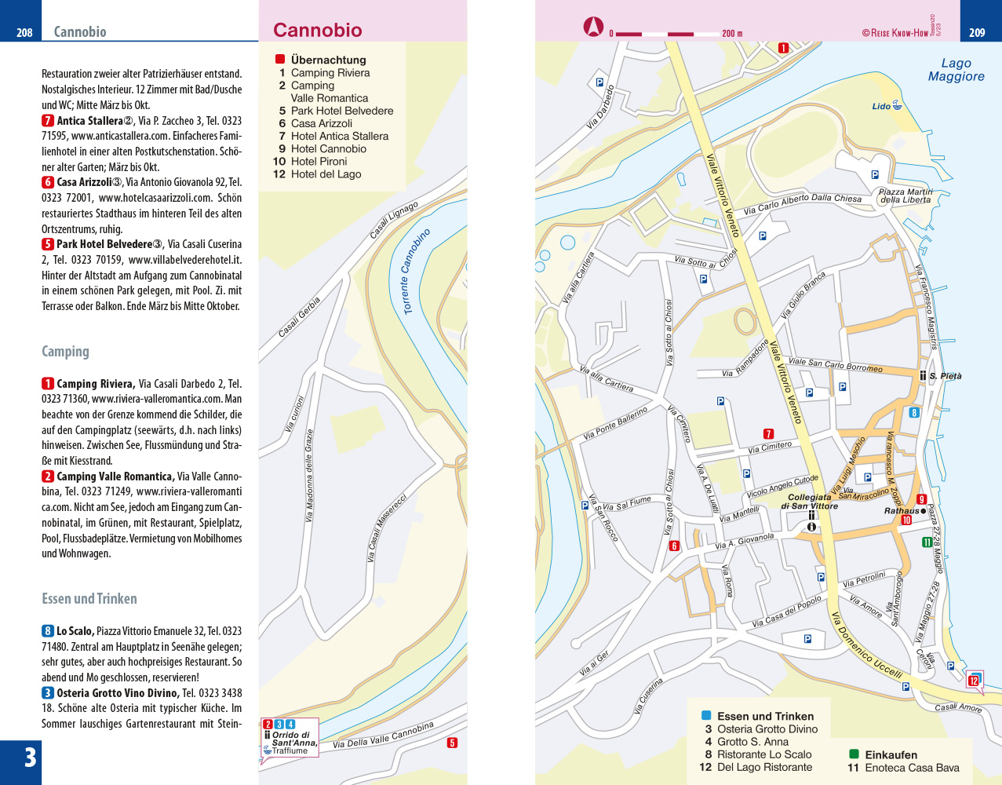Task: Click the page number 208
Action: coord(24,32)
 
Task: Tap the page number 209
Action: coord(977,32)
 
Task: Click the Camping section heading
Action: coord(65,352)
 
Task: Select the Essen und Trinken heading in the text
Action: coord(89,599)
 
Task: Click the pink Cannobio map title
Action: coord(318,31)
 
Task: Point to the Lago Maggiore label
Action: coord(956,70)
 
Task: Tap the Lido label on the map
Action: coord(881,106)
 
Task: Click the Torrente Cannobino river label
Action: coord(416,272)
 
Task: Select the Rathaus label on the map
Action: coord(901,511)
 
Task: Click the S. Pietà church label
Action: coord(945,376)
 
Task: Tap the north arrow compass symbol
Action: coord(593,27)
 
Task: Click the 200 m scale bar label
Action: coord(732,34)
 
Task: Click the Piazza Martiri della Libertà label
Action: coord(905,195)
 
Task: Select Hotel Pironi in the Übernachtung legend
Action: coord(319,162)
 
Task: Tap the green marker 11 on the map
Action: coord(927,542)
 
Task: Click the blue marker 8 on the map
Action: coord(913,412)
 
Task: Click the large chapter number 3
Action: coord(30,758)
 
